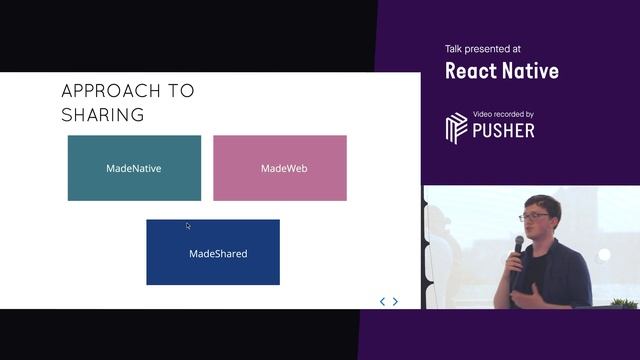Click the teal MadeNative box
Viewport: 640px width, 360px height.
pyautogui.click(x=134, y=168)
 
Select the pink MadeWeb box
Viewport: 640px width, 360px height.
pyautogui.click(x=280, y=168)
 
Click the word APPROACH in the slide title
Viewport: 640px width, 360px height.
pyautogui.click(x=106, y=91)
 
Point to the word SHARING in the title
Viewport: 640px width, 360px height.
pyautogui.click(x=102, y=115)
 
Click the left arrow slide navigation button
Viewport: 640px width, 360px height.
pyautogui.click(x=382, y=301)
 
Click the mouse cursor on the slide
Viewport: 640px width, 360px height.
pyautogui.click(x=188, y=226)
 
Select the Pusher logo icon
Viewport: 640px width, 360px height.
pyautogui.click(x=456, y=129)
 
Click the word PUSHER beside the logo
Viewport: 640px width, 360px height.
pyautogui.click(x=504, y=131)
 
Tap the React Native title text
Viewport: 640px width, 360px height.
pyautogui.click(x=501, y=71)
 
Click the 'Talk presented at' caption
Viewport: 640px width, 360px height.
pyautogui.click(x=483, y=49)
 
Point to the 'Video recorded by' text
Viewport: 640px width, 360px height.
pyautogui.click(x=503, y=115)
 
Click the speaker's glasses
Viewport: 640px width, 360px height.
pyautogui.click(x=534, y=216)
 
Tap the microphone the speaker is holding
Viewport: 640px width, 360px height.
pyautogui.click(x=518, y=249)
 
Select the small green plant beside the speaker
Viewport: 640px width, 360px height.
pyautogui.click(x=623, y=302)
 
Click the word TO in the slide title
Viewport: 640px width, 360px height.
pyautogui.click(x=181, y=91)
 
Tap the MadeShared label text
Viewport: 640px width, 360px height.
pyautogui.click(x=218, y=254)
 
